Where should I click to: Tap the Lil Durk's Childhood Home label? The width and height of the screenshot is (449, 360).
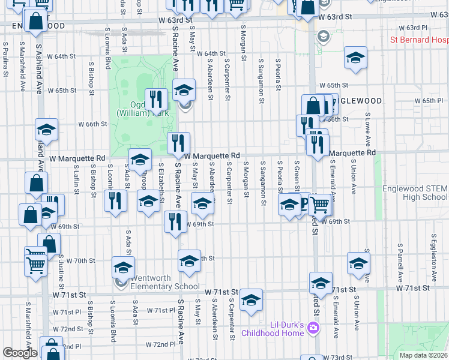pos(273,329)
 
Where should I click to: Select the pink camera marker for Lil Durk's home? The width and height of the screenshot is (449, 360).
pos(312,328)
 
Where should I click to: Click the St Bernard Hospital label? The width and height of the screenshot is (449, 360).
pos(419,40)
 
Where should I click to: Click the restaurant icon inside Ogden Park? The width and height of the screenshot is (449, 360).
pos(157,100)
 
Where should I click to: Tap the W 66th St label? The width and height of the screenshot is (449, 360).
pos(93,124)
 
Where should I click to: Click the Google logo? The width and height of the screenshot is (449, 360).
pos(19,353)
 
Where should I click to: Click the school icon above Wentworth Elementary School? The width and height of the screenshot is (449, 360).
pos(123,266)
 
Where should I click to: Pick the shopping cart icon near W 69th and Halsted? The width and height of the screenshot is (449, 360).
pos(319,205)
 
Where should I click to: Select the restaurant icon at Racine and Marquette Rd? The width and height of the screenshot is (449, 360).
pos(178,143)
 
